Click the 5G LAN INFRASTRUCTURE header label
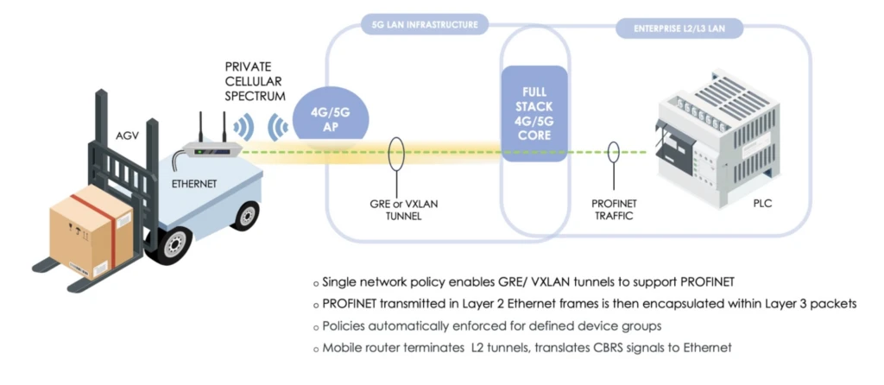pos(423,25)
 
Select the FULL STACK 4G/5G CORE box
pos(534,113)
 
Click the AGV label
pos(128,136)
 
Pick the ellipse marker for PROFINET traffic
pos(614,153)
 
